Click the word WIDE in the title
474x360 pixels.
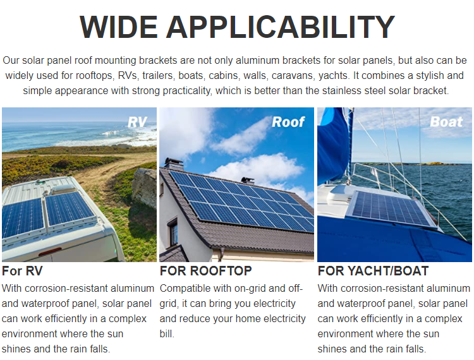coord(119,27)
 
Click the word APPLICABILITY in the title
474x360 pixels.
coord(280,27)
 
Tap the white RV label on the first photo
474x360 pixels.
coord(137,123)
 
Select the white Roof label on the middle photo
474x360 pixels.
coord(288,122)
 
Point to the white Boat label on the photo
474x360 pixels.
coord(446,122)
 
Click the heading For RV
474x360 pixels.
coord(22,271)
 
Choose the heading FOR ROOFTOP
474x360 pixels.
coord(205,271)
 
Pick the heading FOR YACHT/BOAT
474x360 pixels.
coord(373,271)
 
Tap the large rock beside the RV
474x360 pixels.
coord(145,187)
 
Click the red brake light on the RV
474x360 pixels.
coord(50,251)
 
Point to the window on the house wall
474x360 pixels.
coord(173,232)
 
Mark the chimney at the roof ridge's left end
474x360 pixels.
coord(174,164)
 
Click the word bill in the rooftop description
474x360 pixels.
coord(167,333)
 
